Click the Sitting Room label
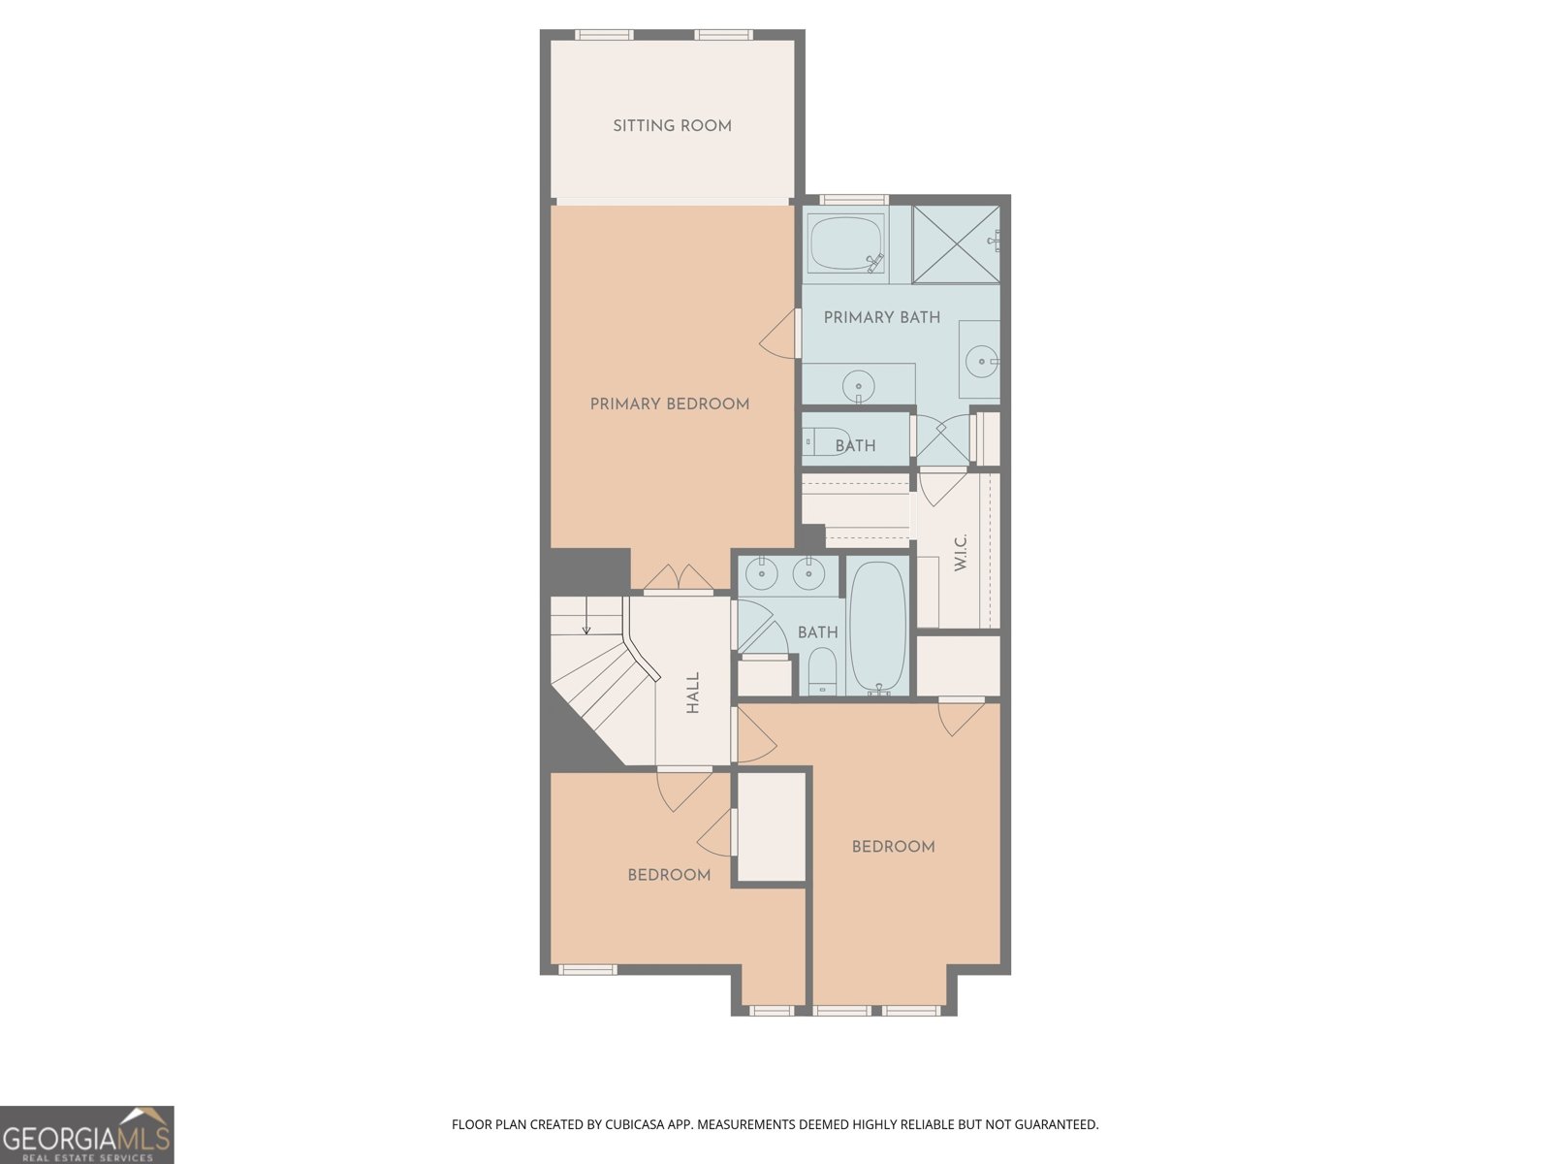click(x=672, y=126)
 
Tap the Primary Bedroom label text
click(x=669, y=404)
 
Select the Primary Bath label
click(x=881, y=317)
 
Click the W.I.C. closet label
click(x=961, y=552)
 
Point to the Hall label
click(x=693, y=693)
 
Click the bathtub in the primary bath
click(x=845, y=243)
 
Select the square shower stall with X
click(x=955, y=243)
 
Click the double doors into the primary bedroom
click(x=679, y=579)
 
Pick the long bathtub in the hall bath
click(x=877, y=626)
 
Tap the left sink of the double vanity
click(x=763, y=574)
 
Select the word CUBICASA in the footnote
click(x=636, y=1125)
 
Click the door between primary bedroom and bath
click(x=781, y=334)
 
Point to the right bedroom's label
click(x=893, y=847)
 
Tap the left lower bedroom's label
click(x=669, y=875)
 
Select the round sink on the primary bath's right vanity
click(x=981, y=362)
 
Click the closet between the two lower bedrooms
click(x=771, y=827)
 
